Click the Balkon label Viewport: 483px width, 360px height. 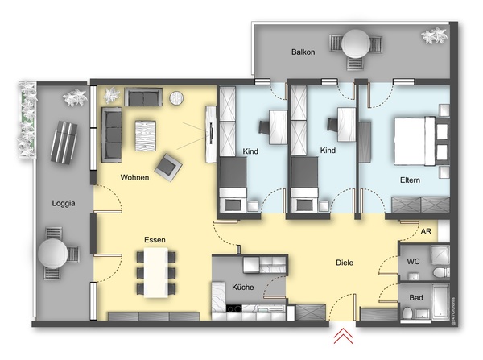pos(304,52)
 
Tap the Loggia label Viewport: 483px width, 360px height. pos(62,204)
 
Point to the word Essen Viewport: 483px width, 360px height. pos(155,240)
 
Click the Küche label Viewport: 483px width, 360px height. pos(244,288)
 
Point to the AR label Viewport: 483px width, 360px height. pos(426,230)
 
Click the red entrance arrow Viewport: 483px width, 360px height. pos(345,336)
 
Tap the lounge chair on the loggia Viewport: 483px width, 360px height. pos(64,142)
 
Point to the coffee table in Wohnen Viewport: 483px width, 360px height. pos(147,131)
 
